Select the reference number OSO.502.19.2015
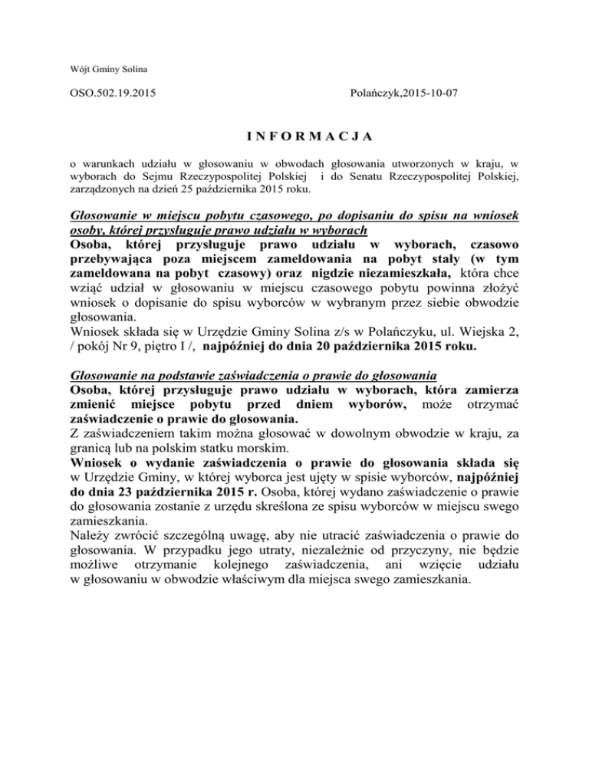(x=112, y=98)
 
